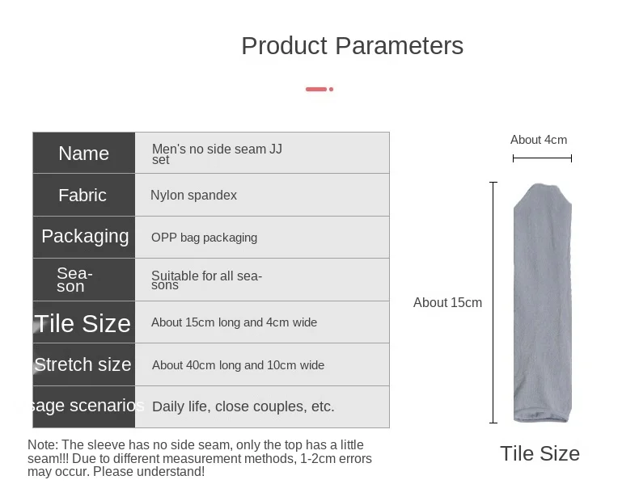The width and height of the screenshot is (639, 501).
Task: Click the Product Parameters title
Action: point(353,45)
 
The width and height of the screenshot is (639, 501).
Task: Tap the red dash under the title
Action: point(319,89)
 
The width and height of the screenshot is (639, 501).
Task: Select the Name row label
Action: point(83,154)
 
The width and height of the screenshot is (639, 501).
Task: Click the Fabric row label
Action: point(83,196)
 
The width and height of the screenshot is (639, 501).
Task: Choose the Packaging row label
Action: point(85,237)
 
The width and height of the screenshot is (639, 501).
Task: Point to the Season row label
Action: point(75,280)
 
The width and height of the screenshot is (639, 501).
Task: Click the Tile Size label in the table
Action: point(83,323)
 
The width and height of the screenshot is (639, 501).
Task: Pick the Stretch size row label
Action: point(83,364)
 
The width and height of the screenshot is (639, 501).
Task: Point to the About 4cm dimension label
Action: point(539,140)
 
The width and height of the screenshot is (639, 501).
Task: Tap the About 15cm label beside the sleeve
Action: point(447,303)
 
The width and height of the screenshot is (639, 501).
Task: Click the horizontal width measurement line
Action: point(543,158)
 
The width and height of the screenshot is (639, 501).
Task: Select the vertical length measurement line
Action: point(493,303)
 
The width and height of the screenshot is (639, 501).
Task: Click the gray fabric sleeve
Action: point(543,303)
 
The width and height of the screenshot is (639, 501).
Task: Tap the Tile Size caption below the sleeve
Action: point(540,454)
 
